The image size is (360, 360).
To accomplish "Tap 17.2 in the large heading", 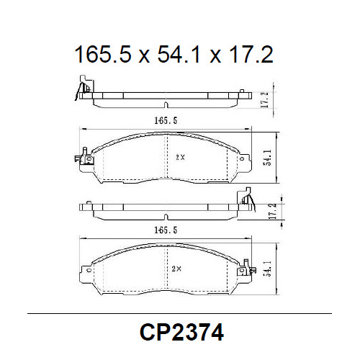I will pos(248,54).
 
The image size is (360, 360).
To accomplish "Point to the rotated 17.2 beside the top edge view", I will pos(265,99).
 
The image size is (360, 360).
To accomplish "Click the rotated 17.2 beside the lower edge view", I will pos(271,212).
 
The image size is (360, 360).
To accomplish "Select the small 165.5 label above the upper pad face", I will pos(166,120).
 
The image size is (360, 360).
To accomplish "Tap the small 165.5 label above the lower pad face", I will pos(166,230).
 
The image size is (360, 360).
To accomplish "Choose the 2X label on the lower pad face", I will pos(177,267).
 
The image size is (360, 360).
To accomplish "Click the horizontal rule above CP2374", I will pos(179,315).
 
